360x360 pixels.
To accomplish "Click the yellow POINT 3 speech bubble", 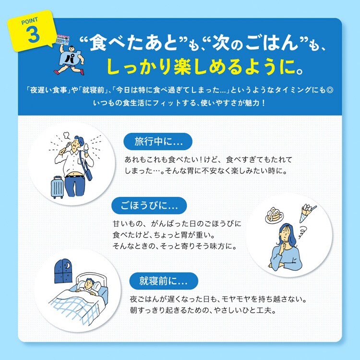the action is tap(32, 31).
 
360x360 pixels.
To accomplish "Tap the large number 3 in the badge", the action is tap(33, 34).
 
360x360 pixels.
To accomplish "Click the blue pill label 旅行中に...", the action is tap(158, 142).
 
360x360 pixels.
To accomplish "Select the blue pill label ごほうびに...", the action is tap(149, 205).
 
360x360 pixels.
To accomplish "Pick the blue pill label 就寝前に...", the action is tap(164, 281).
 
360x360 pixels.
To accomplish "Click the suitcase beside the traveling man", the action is tap(57, 187).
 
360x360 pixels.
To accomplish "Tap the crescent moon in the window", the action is tap(67, 265).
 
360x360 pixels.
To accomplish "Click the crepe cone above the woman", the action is tap(307, 213).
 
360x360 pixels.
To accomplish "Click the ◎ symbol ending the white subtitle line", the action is tap(329, 90).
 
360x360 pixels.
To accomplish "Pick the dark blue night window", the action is tap(63, 271).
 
